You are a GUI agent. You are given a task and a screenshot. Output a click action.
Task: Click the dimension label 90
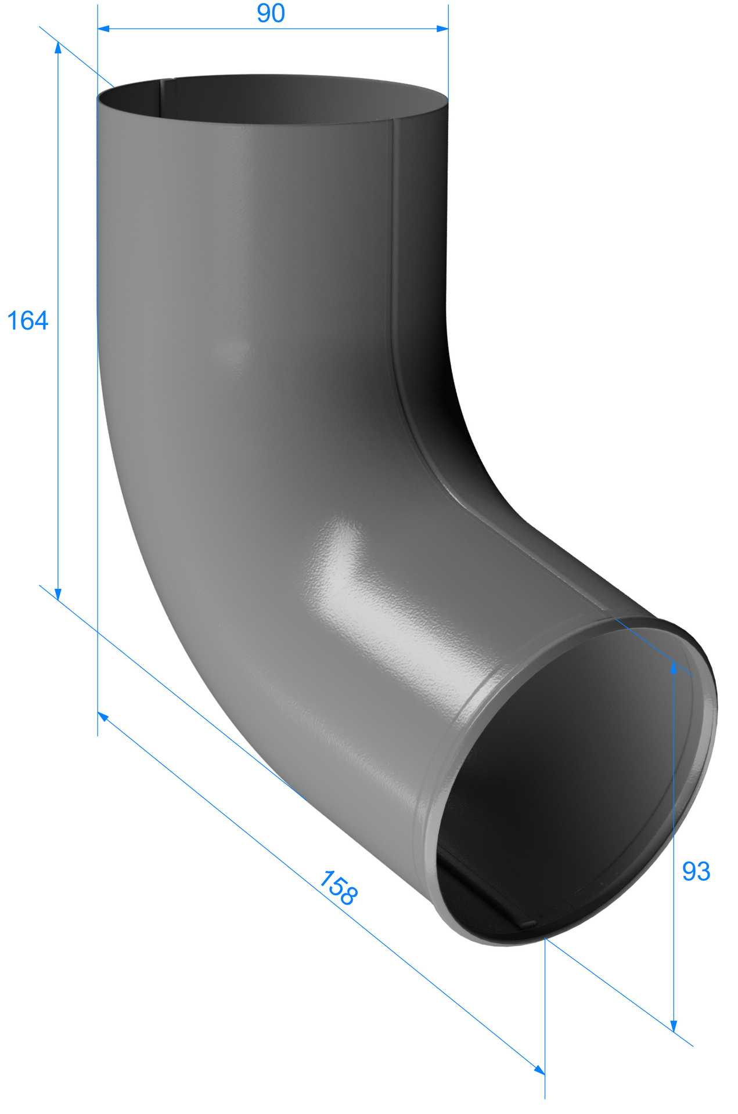(271, 13)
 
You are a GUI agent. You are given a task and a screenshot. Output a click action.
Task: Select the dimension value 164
(27, 320)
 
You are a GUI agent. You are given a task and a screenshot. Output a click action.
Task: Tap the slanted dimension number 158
(339, 887)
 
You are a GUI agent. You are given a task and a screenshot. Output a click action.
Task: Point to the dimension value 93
(696, 871)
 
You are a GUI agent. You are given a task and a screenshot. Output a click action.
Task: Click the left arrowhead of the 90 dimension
(104, 28)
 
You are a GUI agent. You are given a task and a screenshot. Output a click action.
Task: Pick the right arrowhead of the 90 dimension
(442, 28)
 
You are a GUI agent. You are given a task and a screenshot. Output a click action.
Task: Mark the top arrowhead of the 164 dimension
(57, 48)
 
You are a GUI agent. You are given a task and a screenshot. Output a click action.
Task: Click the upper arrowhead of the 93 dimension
(674, 668)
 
